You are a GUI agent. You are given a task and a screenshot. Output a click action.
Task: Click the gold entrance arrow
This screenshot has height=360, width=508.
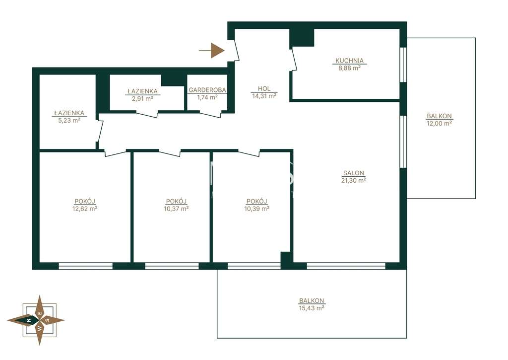[x=212, y=51]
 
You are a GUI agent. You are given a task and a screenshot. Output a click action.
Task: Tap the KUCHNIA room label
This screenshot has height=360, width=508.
[x=349, y=61]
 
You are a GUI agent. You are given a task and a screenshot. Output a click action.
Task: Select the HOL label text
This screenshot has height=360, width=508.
[x=264, y=88]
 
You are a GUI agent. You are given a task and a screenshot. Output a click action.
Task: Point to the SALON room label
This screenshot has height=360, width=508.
[x=353, y=173]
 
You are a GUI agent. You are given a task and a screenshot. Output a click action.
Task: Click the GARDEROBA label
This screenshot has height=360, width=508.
[x=207, y=90]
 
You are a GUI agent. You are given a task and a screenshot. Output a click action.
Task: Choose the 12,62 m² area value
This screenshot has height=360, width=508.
[x=85, y=209]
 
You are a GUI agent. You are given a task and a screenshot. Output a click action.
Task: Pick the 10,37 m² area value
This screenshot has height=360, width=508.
[x=176, y=209]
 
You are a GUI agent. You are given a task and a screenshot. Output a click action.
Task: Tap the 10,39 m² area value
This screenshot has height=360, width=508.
[x=256, y=209]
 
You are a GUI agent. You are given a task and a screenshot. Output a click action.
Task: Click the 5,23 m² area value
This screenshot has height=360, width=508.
[x=69, y=120]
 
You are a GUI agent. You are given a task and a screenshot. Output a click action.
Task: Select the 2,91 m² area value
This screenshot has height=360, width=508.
[x=142, y=99]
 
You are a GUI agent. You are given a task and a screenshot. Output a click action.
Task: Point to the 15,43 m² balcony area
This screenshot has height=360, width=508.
[x=312, y=308]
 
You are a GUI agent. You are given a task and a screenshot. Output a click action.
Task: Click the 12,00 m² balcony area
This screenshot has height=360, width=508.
[x=439, y=123]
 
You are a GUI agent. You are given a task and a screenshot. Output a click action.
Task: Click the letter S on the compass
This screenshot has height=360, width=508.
[x=48, y=320]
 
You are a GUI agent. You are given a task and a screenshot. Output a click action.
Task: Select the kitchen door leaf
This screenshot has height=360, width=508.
[x=294, y=59]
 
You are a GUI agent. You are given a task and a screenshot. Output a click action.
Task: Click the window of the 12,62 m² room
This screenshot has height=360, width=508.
[x=85, y=266]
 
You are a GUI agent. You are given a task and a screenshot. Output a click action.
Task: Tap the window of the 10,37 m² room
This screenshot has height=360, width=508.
[x=172, y=266]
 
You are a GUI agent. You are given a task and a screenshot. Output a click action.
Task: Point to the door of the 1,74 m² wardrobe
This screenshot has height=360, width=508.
[x=211, y=115]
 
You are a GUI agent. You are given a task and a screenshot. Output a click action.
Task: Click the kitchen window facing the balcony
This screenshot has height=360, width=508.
[x=403, y=65]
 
